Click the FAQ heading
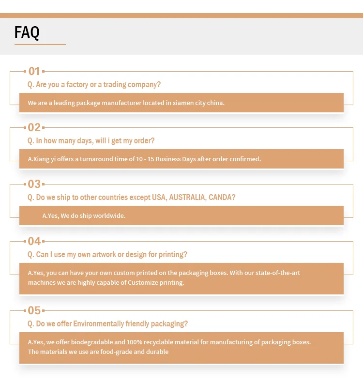point(27,32)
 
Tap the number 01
point(34,71)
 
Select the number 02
point(34,127)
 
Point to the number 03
point(34,184)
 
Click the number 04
point(34,241)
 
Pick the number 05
point(34,310)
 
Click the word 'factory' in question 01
point(77,85)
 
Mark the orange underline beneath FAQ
point(40,45)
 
